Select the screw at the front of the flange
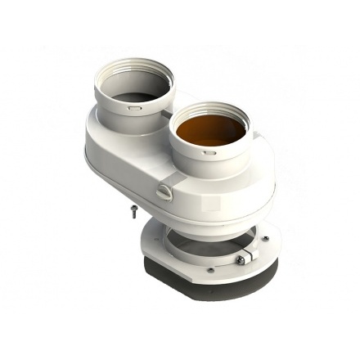point(210,270)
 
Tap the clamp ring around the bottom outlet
point(196,245)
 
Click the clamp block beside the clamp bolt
point(250,258)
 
